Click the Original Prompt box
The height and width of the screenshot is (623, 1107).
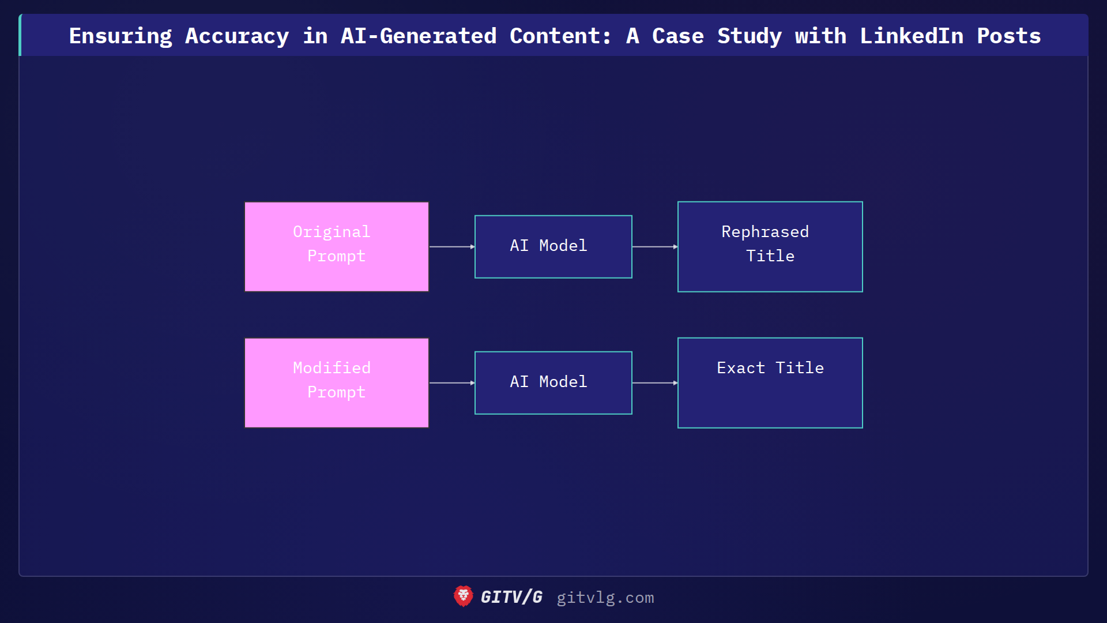tap(337, 246)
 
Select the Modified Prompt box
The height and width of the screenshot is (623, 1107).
tap(337, 382)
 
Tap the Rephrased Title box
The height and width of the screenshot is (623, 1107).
tap(770, 246)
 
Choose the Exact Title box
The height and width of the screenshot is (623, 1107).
tap(770, 382)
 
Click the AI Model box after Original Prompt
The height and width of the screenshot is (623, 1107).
tap(553, 246)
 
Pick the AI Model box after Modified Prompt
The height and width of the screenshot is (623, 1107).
tap(553, 382)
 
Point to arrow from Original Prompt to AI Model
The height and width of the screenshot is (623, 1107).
tap(451, 246)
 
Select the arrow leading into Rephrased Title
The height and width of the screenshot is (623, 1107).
tap(654, 246)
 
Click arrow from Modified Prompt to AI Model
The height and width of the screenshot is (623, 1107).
tap(451, 382)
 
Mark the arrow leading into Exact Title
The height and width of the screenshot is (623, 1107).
tap(654, 382)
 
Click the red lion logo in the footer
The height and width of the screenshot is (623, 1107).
tap(463, 596)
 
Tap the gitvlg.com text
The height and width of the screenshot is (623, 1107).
tap(605, 598)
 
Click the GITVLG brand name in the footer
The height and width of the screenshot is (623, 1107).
tap(511, 597)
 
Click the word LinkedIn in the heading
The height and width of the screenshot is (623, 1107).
tap(912, 36)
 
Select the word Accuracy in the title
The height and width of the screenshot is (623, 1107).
tap(237, 36)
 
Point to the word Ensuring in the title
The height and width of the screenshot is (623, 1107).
tap(121, 36)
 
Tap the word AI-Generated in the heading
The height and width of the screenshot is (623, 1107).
tap(418, 36)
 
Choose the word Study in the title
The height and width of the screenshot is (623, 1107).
tap(750, 36)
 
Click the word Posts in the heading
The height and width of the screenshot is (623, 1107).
tap(1008, 36)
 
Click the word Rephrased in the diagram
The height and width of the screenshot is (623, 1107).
tap(765, 232)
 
